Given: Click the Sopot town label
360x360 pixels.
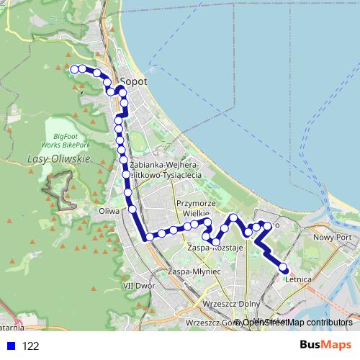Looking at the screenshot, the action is point(135,82).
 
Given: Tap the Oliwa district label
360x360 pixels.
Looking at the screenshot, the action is point(108,212).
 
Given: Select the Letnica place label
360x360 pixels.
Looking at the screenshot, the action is point(297,279).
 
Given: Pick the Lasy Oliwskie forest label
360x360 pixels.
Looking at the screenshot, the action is point(57,158).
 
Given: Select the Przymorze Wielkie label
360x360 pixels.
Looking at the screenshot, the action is point(192,208).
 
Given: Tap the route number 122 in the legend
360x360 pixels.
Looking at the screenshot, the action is point(31,346).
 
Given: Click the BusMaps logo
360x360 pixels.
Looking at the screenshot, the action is point(325,345).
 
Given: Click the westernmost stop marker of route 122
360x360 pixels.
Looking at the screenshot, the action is point(73,69).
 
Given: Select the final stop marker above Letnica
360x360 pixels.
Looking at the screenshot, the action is point(283,269).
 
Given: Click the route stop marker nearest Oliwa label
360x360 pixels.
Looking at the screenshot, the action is point(132,210).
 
